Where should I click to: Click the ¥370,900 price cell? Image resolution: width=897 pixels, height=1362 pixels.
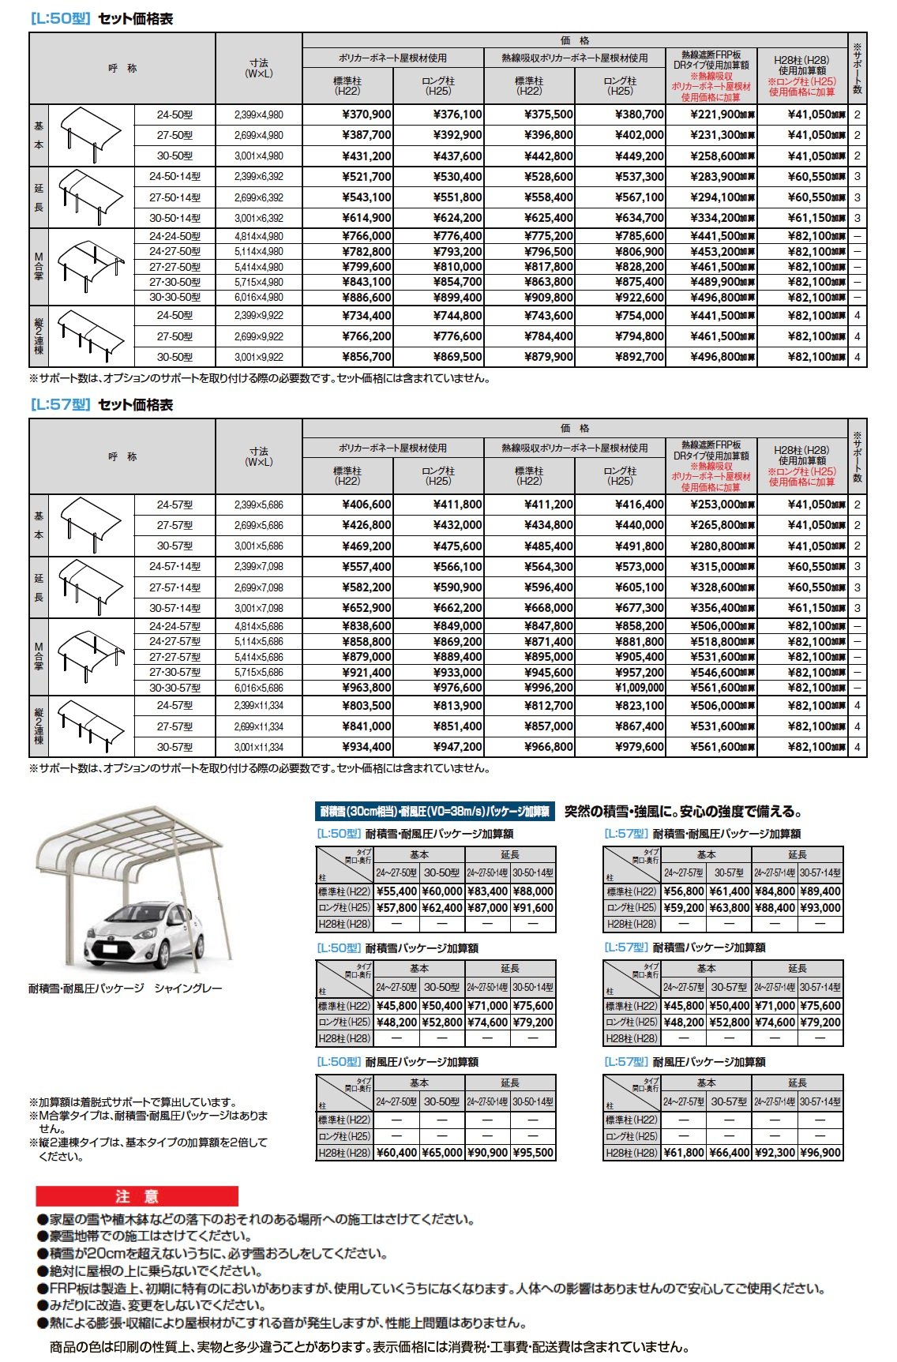(x=366, y=114)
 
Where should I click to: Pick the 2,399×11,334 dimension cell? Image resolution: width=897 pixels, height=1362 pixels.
(x=258, y=706)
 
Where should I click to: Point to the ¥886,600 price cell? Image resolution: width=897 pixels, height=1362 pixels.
(x=366, y=298)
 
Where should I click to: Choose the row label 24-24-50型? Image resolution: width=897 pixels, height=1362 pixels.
(x=175, y=236)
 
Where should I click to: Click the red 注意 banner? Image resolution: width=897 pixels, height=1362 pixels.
(x=137, y=1196)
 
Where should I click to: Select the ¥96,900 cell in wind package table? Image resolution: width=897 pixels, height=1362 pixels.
(x=820, y=1153)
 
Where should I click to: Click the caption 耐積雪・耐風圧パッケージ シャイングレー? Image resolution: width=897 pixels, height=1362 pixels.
(x=126, y=989)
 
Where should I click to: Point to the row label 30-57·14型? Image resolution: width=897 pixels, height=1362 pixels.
(x=175, y=609)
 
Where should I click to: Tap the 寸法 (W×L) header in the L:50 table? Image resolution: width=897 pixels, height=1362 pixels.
(x=258, y=68)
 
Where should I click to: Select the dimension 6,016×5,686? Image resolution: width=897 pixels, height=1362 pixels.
(x=258, y=688)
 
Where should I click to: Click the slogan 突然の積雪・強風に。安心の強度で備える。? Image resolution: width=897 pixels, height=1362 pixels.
(x=684, y=812)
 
